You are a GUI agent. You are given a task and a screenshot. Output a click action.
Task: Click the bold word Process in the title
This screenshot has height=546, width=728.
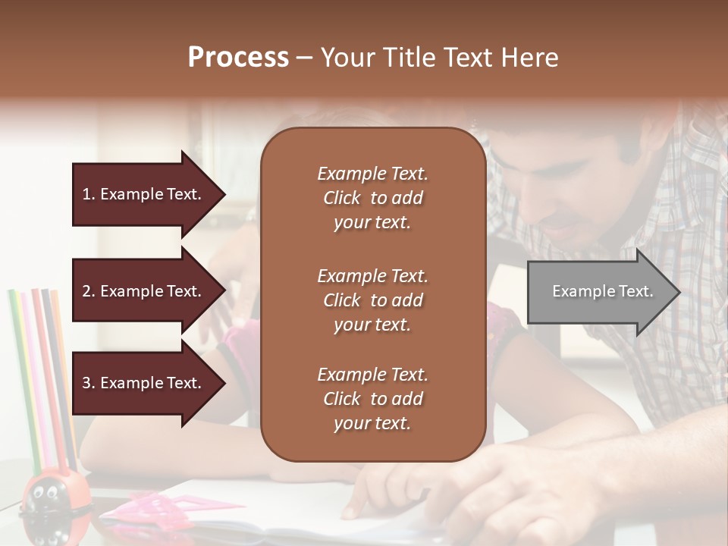(x=238, y=58)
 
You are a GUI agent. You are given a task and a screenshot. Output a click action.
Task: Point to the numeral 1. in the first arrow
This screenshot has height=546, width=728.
(x=89, y=194)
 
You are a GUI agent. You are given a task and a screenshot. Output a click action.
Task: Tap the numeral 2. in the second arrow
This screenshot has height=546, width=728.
(x=89, y=291)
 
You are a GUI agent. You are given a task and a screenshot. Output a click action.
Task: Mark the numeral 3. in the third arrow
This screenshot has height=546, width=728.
(x=89, y=383)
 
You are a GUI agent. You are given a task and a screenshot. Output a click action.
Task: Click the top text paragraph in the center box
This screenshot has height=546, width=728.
(x=372, y=198)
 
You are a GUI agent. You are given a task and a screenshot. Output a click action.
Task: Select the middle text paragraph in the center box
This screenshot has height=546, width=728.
(x=372, y=300)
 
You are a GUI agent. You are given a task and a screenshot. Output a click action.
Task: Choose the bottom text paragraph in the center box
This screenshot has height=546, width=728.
(x=372, y=399)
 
